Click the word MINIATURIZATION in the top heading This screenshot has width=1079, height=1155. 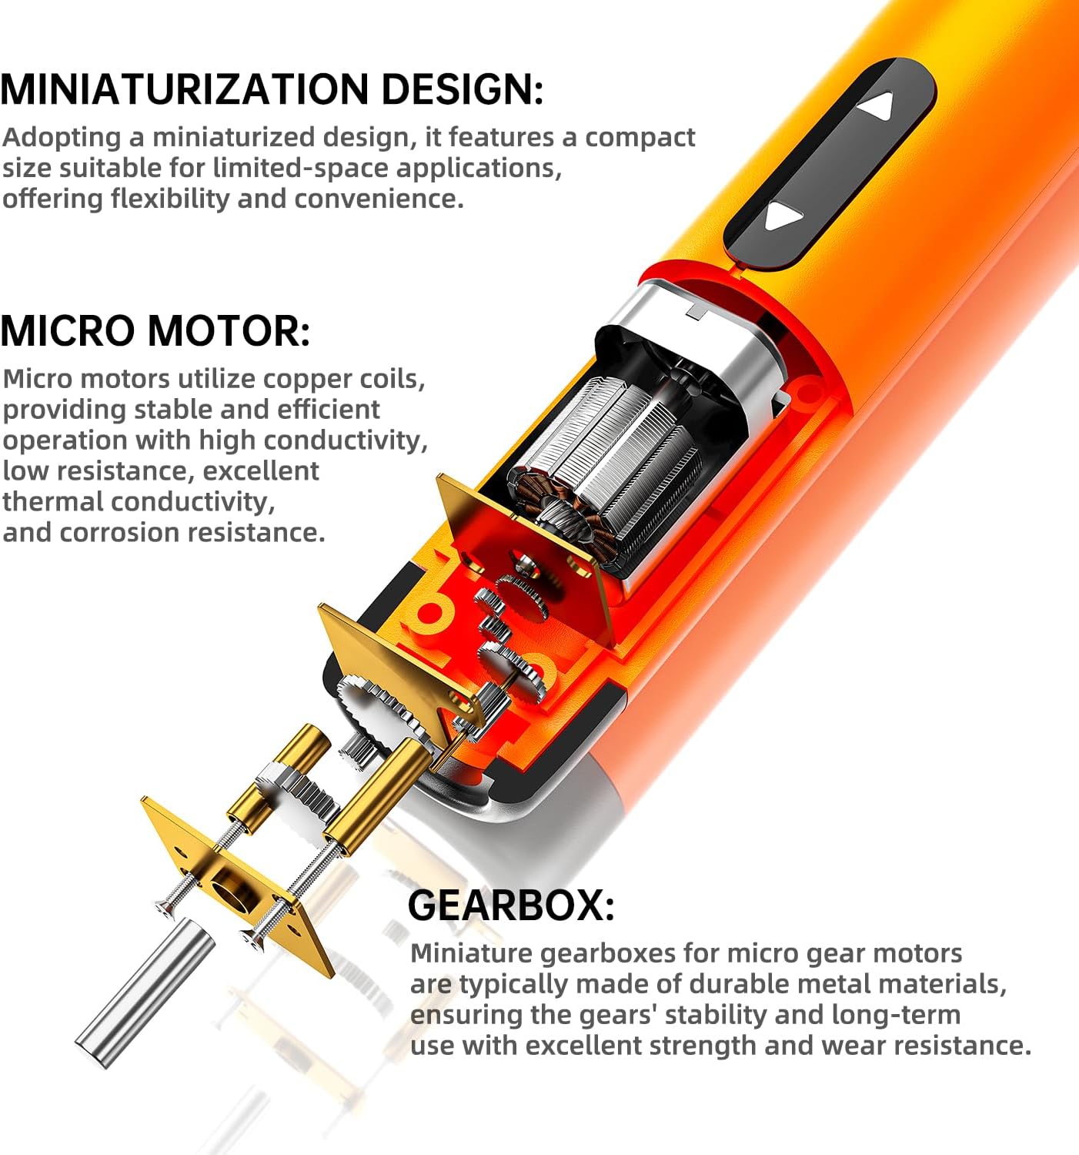[184, 89]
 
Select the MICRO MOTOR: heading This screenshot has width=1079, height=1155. [155, 331]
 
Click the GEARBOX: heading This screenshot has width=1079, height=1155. [511, 905]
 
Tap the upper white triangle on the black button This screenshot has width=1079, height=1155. [877, 105]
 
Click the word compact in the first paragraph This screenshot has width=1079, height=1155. [640, 139]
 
